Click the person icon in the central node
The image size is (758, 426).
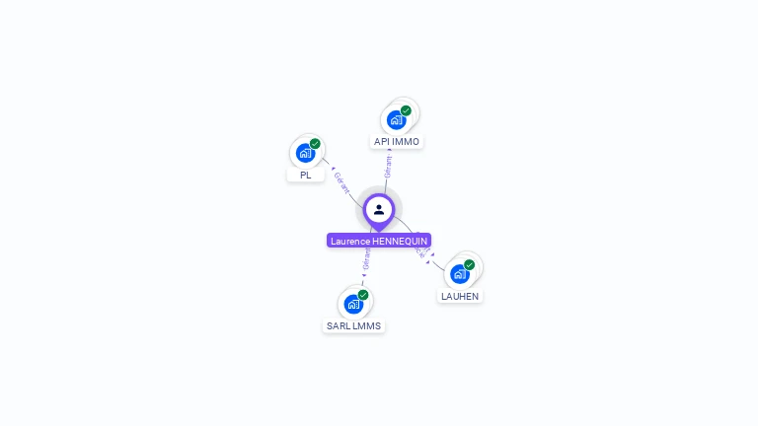click(379, 209)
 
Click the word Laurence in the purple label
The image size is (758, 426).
click(350, 241)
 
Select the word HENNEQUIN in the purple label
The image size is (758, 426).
click(400, 241)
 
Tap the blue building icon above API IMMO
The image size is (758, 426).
click(397, 120)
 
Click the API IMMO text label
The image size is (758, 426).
click(397, 142)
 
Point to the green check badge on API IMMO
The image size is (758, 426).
click(406, 110)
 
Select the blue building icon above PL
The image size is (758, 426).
click(305, 153)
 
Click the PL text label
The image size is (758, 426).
click(306, 175)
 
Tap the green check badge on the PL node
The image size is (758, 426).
click(315, 144)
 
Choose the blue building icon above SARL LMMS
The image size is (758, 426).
click(353, 304)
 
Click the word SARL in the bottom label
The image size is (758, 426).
click(339, 325)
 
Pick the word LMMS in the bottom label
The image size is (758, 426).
click(366, 325)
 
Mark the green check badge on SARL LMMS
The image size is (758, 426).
click(363, 295)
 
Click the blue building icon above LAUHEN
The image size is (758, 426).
click(459, 274)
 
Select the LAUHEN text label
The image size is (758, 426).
click(461, 296)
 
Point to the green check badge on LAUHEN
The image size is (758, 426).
click(470, 264)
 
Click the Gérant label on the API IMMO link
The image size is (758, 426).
click(389, 167)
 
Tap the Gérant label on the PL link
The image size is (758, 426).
click(341, 181)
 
